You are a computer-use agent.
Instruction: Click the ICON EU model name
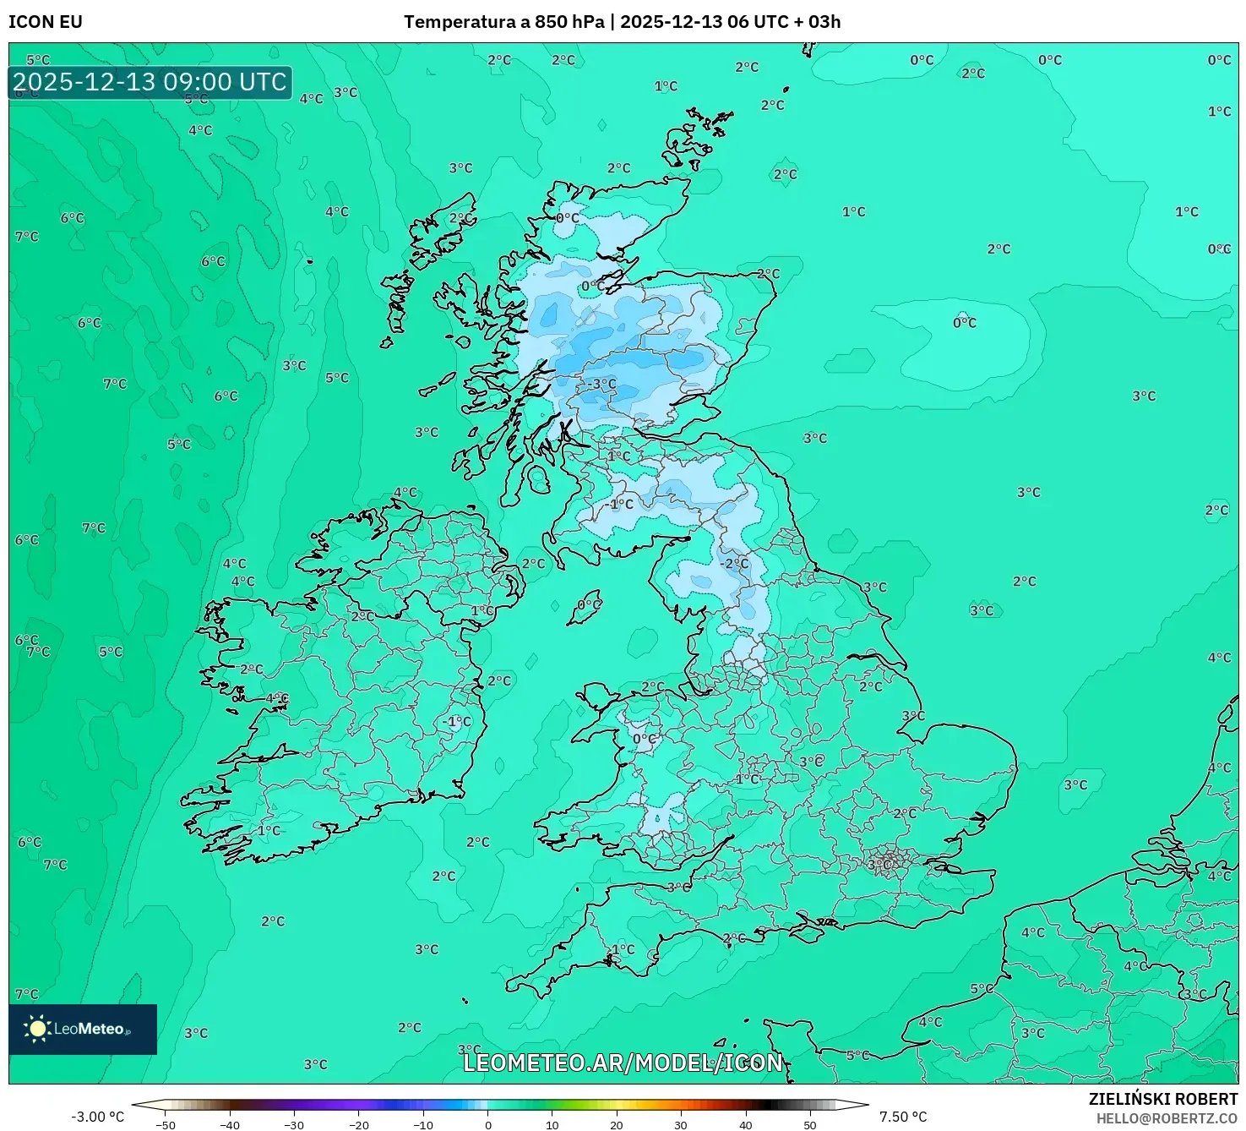tap(46, 22)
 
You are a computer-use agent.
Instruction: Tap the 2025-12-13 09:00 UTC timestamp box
tap(150, 82)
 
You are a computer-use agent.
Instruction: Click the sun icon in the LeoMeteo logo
tap(37, 1028)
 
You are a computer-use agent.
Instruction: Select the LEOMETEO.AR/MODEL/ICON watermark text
tap(623, 1063)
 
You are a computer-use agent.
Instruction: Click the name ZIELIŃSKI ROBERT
tap(1162, 1099)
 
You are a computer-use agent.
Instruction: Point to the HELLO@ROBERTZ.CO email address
tap(1167, 1118)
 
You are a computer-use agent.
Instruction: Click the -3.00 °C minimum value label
tap(97, 1117)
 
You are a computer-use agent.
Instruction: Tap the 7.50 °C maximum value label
tap(903, 1117)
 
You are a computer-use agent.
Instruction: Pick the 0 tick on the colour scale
tap(488, 1125)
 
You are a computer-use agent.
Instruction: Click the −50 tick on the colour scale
tap(166, 1125)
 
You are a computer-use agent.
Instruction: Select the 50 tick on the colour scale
tap(810, 1125)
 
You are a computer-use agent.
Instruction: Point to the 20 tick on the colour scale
tap(617, 1125)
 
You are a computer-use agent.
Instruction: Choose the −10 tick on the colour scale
tap(423, 1125)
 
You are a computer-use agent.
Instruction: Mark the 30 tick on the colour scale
tap(681, 1125)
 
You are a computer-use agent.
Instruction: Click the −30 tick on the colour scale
tap(294, 1125)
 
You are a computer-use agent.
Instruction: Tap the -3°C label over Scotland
tap(602, 384)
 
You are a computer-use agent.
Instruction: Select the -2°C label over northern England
tap(734, 563)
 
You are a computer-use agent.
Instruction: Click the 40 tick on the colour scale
tap(745, 1125)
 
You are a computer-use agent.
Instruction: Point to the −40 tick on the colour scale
tap(230, 1125)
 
